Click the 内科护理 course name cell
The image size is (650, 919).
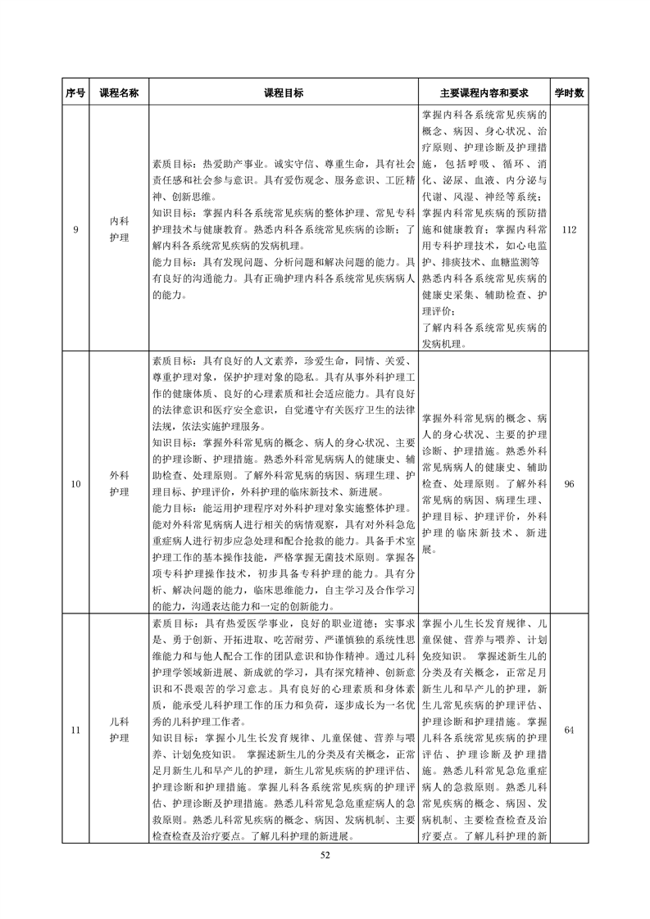119,229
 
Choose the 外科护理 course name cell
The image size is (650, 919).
119,484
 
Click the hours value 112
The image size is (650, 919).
569,229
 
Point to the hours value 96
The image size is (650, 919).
569,484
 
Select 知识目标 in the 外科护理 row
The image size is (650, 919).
175,443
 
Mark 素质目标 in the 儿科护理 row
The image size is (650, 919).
175,623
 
